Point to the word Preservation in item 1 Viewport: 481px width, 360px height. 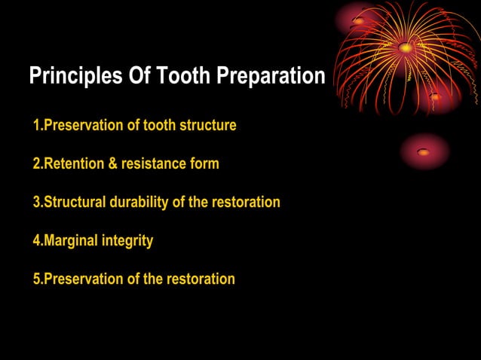[82, 126]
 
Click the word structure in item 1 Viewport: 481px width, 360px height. [207, 126]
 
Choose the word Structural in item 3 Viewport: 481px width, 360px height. [75, 203]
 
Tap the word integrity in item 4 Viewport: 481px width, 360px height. [129, 241]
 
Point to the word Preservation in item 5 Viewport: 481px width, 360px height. [82, 279]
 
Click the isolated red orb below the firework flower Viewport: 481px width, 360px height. [424, 151]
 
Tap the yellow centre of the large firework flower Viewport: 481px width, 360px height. [406, 47]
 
